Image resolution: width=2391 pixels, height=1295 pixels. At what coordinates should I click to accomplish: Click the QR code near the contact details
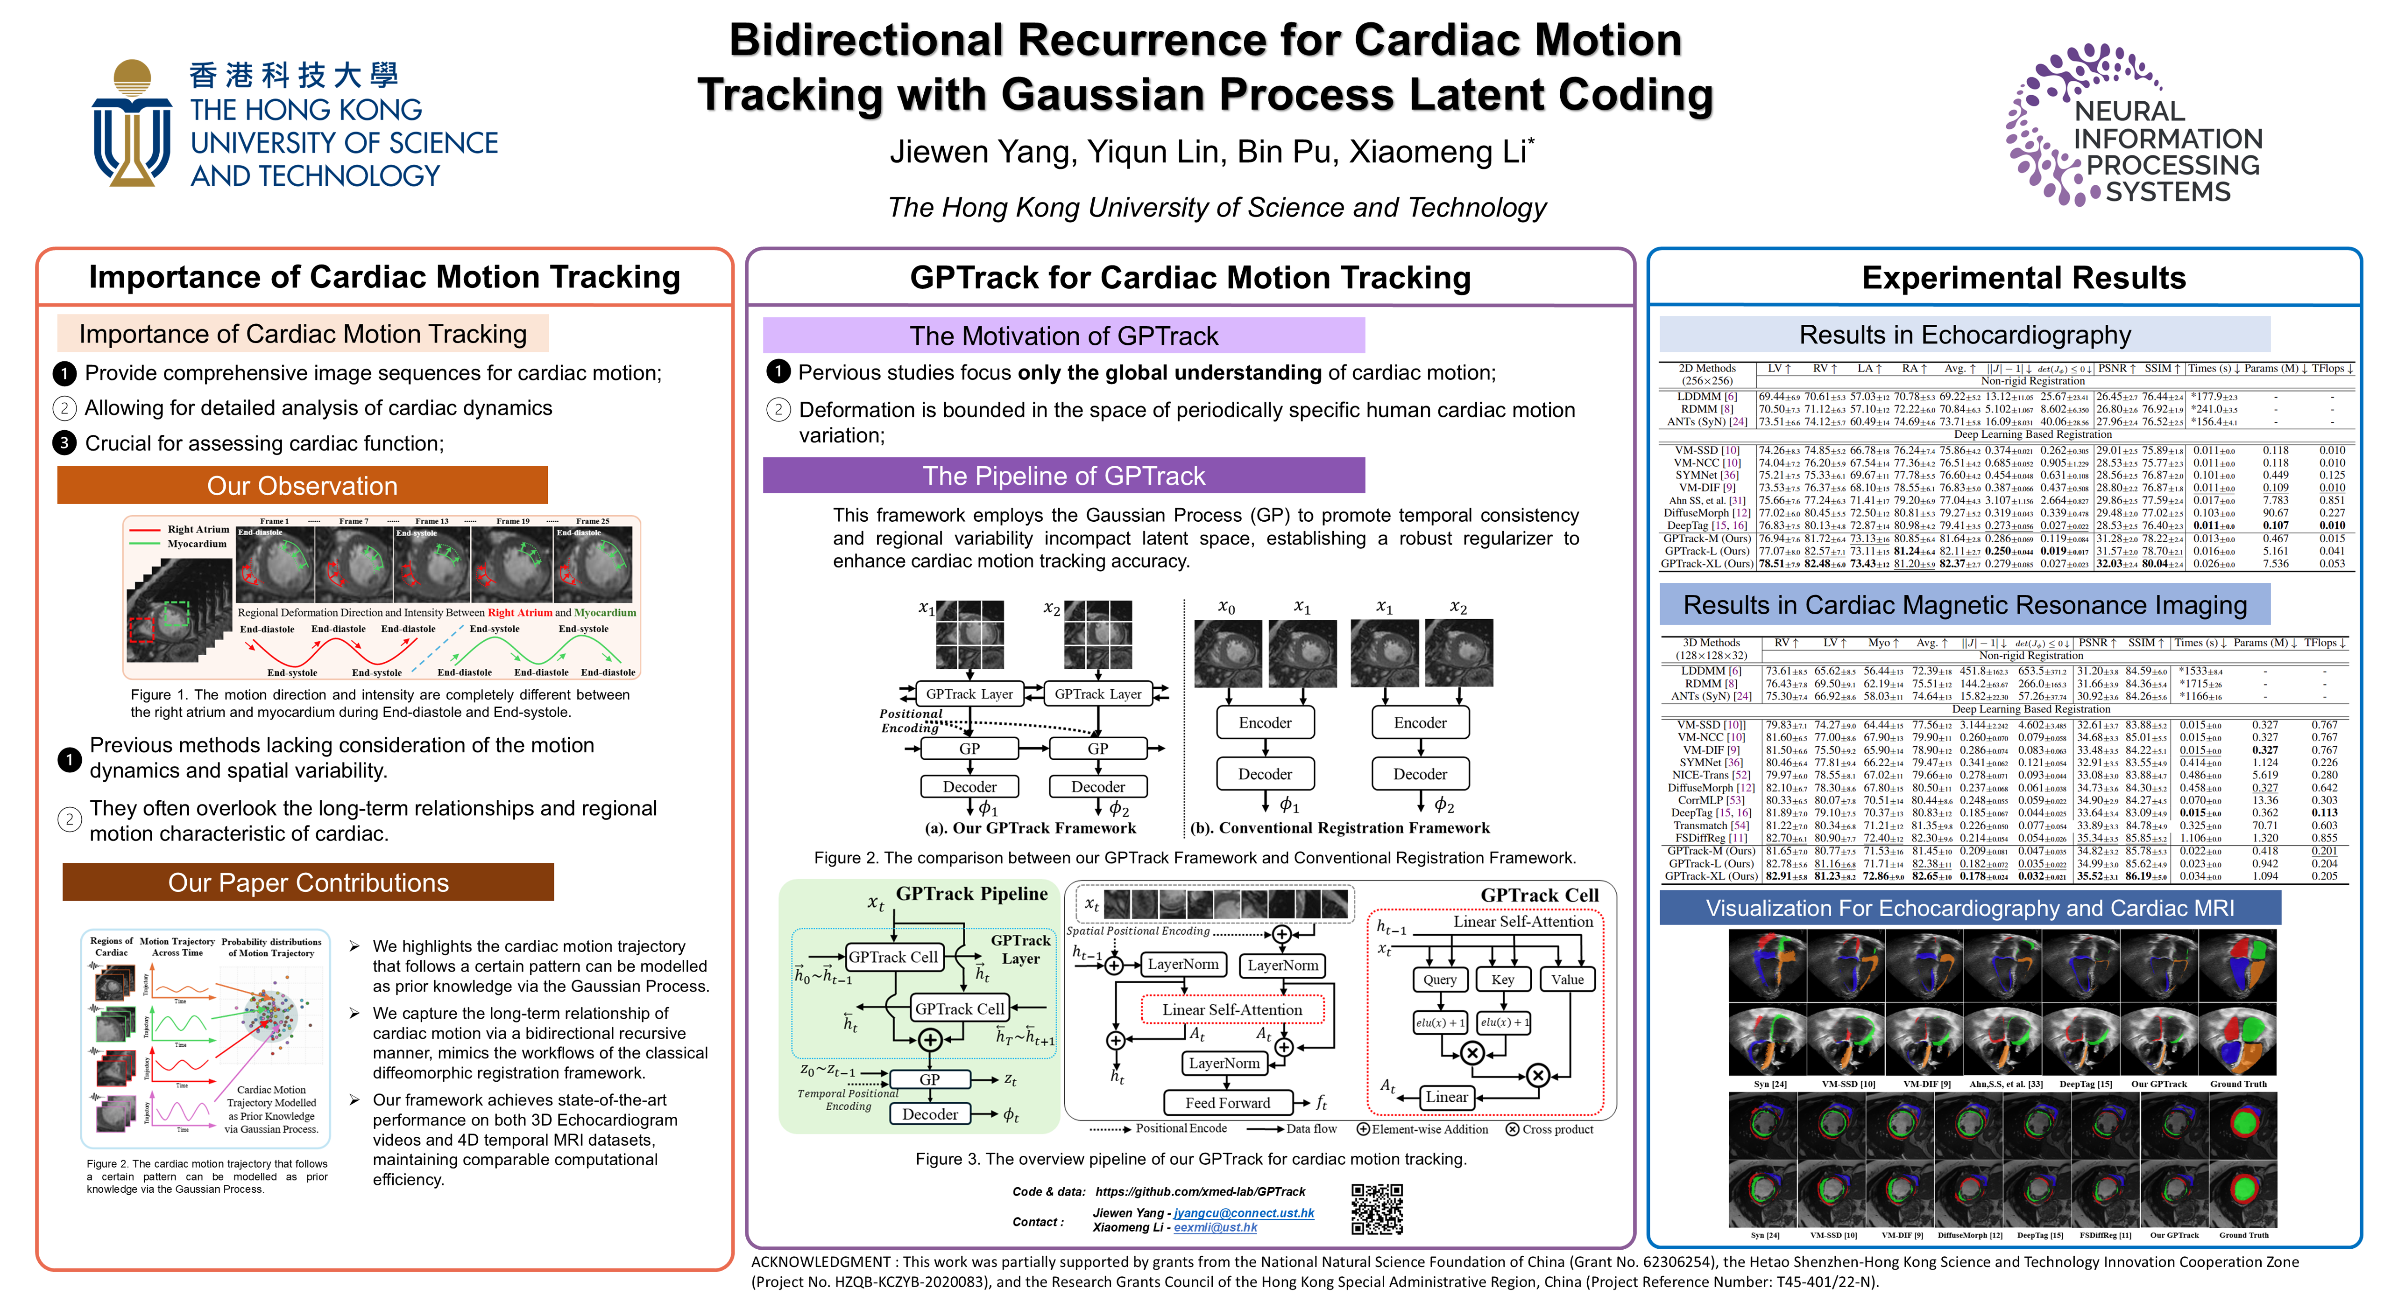(x=1377, y=1209)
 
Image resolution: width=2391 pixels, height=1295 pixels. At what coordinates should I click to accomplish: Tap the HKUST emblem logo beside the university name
(x=132, y=122)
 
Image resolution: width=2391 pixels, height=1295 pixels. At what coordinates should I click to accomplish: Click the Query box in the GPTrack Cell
(x=1440, y=980)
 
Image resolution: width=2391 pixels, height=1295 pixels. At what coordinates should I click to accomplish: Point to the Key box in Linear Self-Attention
(x=1503, y=980)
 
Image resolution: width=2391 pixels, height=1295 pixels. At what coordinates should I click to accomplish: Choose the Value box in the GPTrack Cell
(x=1568, y=980)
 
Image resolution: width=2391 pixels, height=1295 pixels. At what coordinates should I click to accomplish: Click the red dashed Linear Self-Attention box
(x=1233, y=1009)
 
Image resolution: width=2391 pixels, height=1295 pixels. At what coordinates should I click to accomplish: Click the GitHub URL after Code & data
(x=1200, y=1192)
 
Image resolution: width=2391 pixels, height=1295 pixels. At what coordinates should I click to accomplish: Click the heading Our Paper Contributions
(x=308, y=882)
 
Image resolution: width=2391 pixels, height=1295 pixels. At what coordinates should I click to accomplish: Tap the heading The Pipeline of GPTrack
(x=1064, y=476)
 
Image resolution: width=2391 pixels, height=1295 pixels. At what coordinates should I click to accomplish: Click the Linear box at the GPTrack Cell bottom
(x=1446, y=1098)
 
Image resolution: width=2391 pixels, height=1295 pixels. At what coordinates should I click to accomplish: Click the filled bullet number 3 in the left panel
(x=64, y=443)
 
